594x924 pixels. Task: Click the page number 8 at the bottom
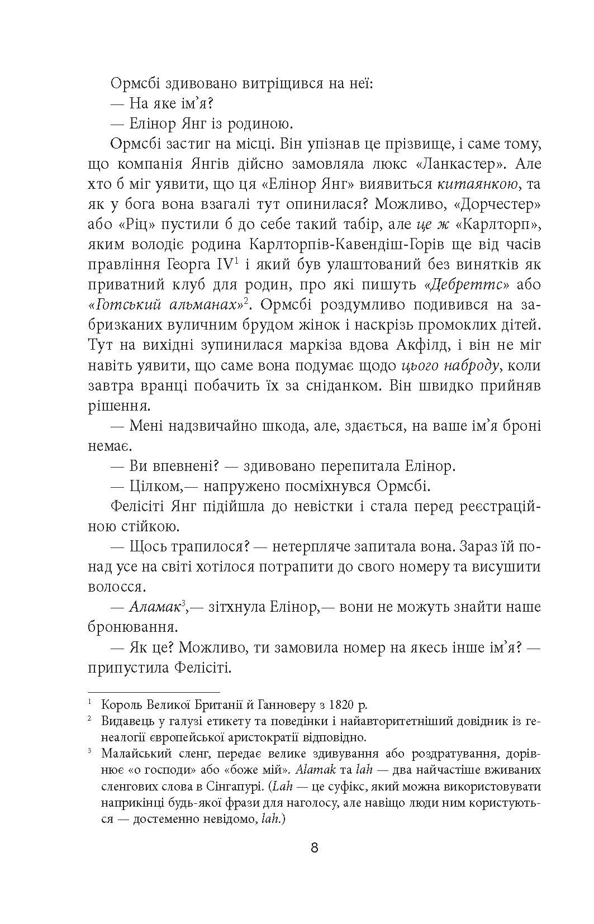click(314, 847)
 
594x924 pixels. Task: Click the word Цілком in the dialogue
click(150, 486)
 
